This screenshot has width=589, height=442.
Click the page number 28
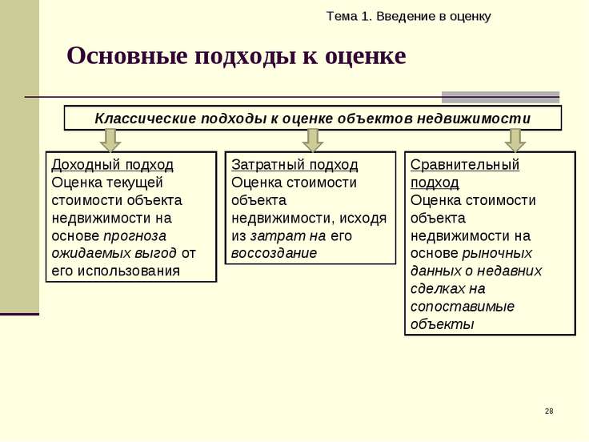[549, 411]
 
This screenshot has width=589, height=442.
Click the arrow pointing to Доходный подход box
[110, 140]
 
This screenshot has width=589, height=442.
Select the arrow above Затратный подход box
[313, 140]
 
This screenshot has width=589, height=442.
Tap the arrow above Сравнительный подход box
[515, 140]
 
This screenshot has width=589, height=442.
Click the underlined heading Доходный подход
[112, 165]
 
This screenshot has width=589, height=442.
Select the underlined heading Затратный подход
[294, 165]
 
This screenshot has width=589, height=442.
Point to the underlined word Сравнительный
[465, 165]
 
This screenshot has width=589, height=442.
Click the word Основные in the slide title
[127, 55]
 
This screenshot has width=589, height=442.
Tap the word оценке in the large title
[365, 56]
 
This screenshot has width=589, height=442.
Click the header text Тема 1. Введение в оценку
[408, 17]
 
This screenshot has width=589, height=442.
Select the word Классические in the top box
[146, 119]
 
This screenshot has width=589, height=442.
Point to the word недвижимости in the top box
[474, 119]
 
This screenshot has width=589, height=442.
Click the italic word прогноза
[134, 236]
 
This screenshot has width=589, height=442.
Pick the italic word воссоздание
[274, 253]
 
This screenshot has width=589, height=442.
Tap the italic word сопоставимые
[462, 307]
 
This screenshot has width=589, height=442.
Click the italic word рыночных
[497, 254]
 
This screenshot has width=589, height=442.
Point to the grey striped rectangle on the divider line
[500, 98]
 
